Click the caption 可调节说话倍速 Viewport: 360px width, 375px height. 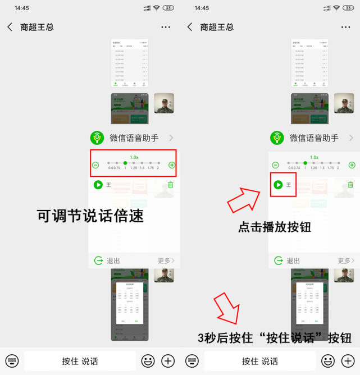coord(90,216)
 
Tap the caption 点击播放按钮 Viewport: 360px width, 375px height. coord(275,227)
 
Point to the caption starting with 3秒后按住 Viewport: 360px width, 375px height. coord(275,337)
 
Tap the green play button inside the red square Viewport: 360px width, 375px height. coord(278,185)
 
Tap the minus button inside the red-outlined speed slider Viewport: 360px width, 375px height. coord(95,165)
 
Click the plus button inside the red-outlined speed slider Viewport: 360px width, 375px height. coord(172,165)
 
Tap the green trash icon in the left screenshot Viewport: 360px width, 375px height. coord(171,185)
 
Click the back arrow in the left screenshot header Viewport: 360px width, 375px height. coord(10,27)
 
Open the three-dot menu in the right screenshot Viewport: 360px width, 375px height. coord(345,27)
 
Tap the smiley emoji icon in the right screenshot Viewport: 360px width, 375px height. coord(327,361)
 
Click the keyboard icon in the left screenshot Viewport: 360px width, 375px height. coord(12,361)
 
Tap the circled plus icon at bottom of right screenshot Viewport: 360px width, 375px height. coord(348,361)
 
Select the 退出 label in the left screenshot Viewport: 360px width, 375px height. coord(113,260)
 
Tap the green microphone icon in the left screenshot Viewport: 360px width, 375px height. coord(98,138)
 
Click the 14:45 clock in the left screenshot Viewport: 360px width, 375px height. coord(22,8)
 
